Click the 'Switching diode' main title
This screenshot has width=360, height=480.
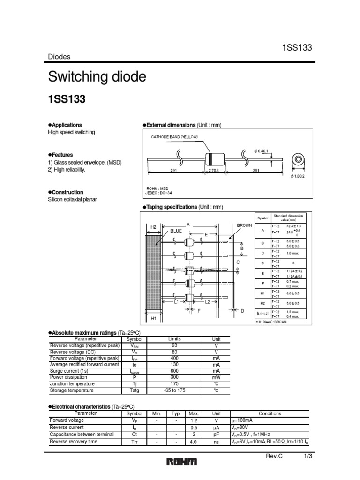pos(97,77)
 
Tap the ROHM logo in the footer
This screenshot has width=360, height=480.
pos(182,462)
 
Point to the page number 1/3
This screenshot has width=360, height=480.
pos(308,456)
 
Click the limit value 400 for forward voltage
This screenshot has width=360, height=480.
pos(174,358)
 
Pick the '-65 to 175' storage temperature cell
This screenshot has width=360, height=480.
pos(174,390)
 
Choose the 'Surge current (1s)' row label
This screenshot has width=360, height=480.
pos(69,371)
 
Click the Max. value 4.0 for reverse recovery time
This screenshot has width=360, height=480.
pos(194,442)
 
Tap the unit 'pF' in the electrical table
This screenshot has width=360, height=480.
pos(216,435)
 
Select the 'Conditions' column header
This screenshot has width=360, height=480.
pos(270,413)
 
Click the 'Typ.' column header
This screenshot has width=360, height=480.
pos(176,413)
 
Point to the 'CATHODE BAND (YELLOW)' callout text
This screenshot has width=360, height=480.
pos(174,137)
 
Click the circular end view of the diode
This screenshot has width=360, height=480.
pos(298,160)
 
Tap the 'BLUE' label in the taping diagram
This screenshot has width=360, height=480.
pos(176,231)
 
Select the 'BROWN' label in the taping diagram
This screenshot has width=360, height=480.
pos(244,225)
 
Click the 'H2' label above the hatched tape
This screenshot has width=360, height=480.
pos(153,227)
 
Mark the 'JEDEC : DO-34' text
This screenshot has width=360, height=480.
pos(159,192)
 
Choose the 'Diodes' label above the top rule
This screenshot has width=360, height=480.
pos(60,57)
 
